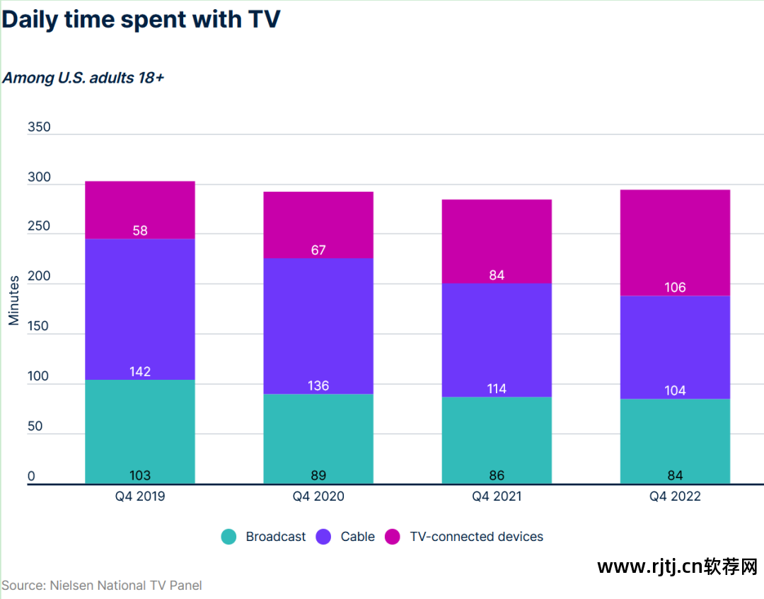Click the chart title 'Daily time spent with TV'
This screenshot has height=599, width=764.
click(141, 19)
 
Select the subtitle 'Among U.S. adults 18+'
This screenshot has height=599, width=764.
click(83, 78)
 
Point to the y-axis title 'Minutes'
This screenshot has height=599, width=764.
click(14, 301)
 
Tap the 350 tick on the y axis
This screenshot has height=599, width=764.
click(39, 127)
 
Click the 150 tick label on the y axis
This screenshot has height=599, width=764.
click(39, 327)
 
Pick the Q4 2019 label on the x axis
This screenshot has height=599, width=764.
click(140, 496)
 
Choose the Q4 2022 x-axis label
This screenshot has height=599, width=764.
click(675, 496)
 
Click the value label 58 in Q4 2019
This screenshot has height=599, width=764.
click(140, 231)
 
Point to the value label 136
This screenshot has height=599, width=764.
click(318, 386)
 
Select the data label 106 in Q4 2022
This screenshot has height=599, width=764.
click(675, 288)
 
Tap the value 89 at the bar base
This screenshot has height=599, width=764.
click(318, 475)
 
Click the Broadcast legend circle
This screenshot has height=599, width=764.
click(228, 537)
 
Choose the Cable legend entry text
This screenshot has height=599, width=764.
click(357, 537)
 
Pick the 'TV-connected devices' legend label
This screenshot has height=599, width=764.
click(477, 537)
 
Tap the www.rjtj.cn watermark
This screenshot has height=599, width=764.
click(677, 566)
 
